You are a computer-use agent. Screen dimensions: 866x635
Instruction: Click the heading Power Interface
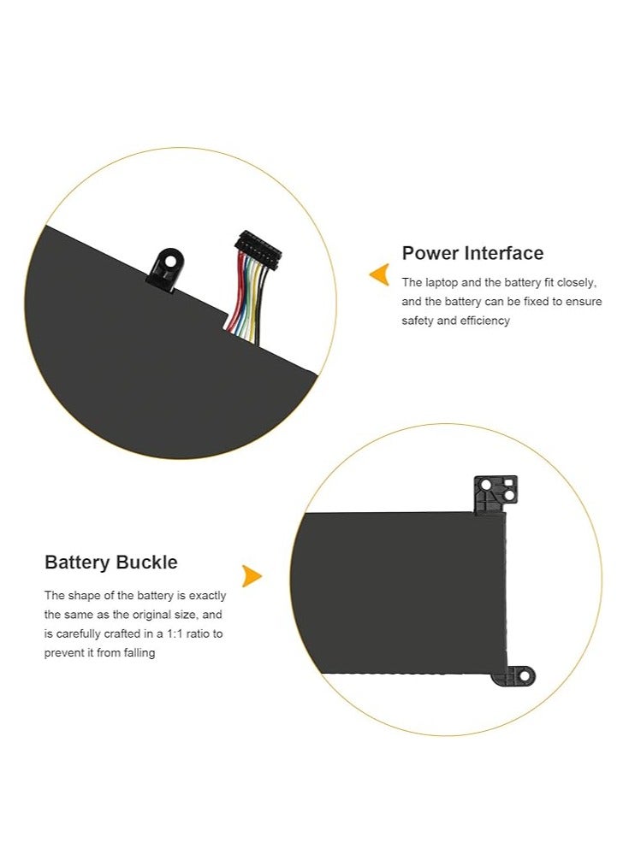(472, 253)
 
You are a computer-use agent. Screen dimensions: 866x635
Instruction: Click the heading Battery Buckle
(111, 563)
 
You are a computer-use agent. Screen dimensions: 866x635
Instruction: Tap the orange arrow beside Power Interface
(378, 274)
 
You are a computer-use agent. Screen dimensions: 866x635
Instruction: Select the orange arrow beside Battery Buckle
(251, 576)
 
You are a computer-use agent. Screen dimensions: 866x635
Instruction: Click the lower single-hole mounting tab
(516, 676)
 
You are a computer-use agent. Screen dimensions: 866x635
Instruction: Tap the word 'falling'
(138, 653)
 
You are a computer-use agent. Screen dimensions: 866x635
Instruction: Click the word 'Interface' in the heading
(504, 253)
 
